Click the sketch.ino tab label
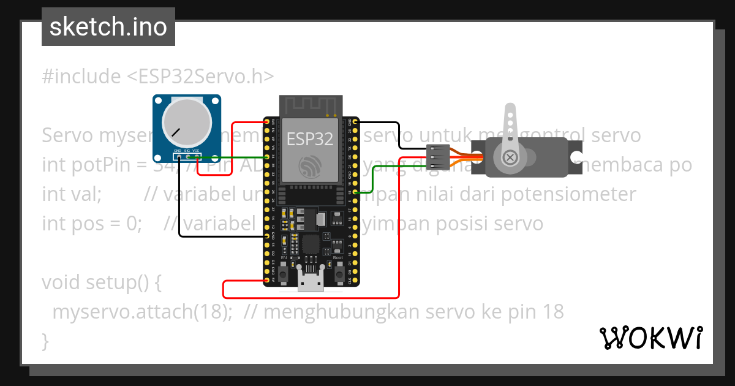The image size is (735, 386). coord(108,27)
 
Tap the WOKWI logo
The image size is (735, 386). coord(650,338)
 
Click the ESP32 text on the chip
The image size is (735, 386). coord(310,138)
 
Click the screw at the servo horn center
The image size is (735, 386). coord(510,158)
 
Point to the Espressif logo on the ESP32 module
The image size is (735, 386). coord(310,166)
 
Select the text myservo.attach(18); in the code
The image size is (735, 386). coord(142,312)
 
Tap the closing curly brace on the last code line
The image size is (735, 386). coord(45,340)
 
